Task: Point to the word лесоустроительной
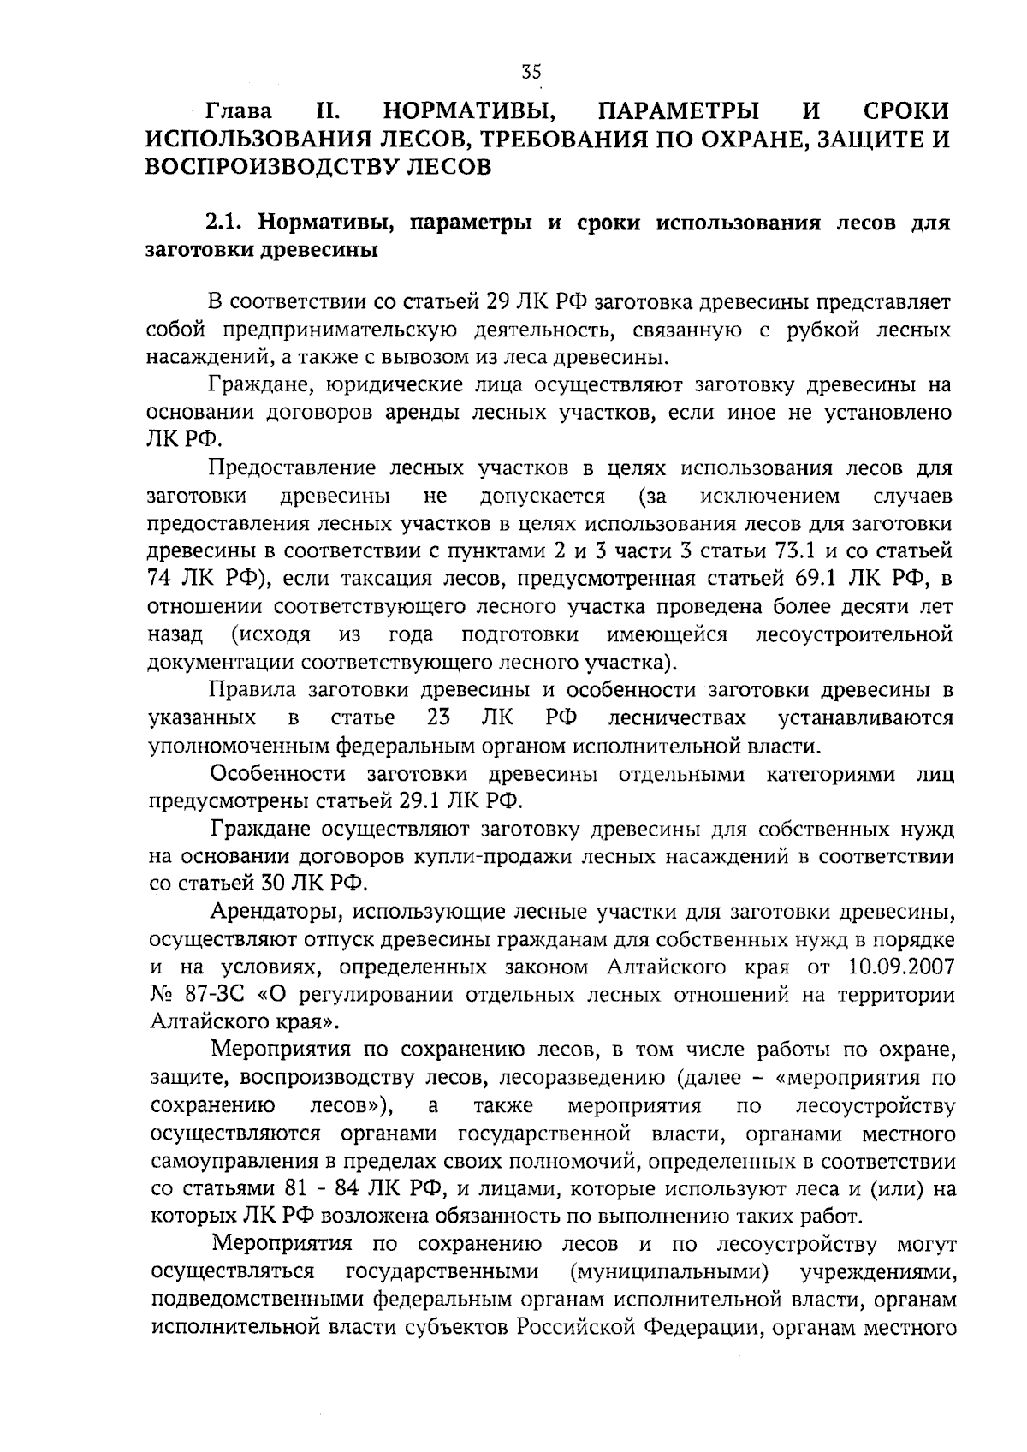tap(853, 634)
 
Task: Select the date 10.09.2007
tap(901, 967)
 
